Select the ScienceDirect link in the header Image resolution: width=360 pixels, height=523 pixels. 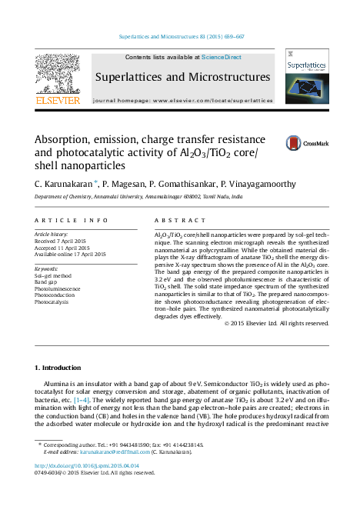coord(222,57)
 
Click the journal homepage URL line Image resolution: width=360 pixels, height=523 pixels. coord(182,100)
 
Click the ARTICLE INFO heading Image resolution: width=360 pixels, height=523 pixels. coord(61,220)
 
